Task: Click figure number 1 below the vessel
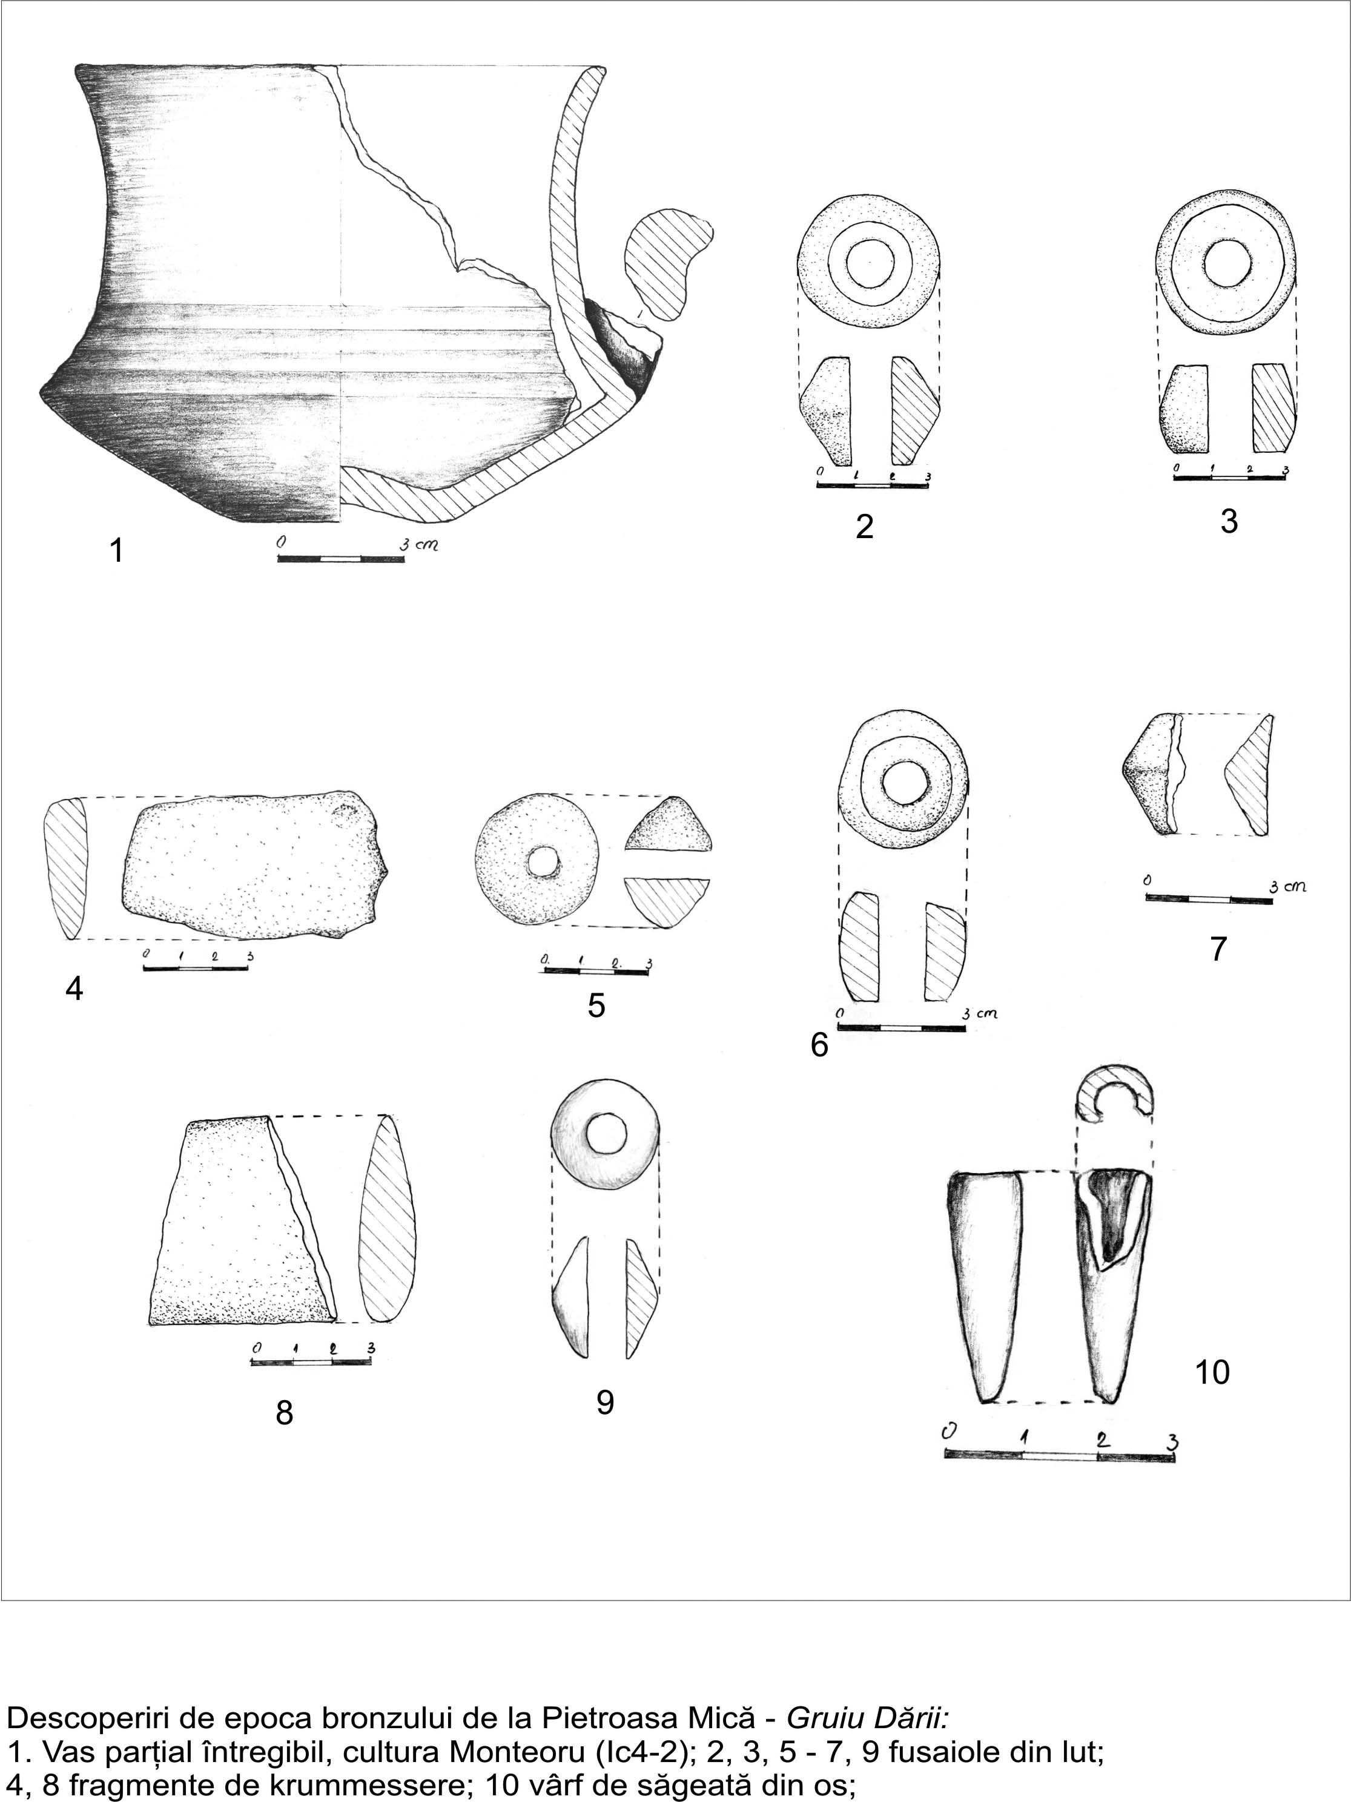tap(116, 551)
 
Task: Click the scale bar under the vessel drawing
tap(340, 559)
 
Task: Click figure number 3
tap(1229, 521)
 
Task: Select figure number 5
tap(596, 1006)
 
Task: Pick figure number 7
tap(1218, 949)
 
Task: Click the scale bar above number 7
tap(1209, 900)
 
